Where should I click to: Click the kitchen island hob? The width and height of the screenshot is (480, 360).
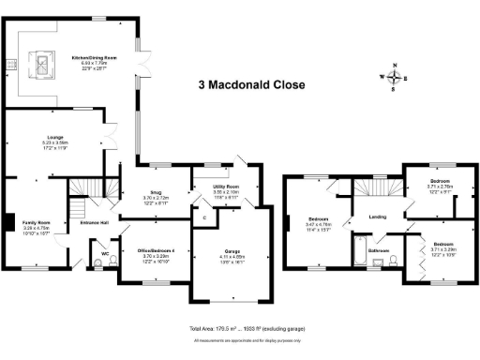[x=43, y=65]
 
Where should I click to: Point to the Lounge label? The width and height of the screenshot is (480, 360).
[x=54, y=142]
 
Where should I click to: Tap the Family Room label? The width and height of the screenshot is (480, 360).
[x=37, y=222]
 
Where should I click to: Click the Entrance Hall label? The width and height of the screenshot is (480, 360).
[x=94, y=223]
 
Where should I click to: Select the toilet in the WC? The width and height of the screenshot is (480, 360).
[x=99, y=263]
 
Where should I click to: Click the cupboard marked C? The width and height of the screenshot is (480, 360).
[x=203, y=218]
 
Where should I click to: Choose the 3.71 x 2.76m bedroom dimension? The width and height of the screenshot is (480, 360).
[x=441, y=187]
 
